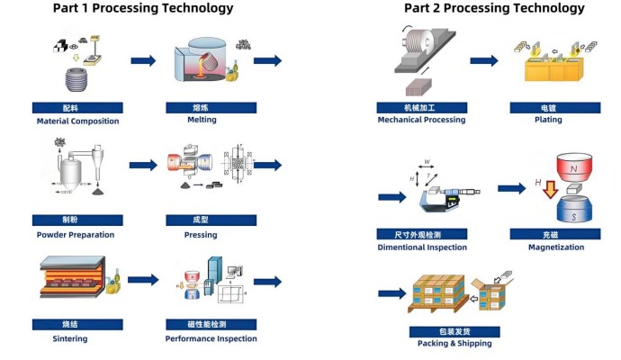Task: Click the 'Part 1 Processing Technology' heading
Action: pyautogui.click(x=143, y=8)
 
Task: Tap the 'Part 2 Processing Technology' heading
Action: pyautogui.click(x=494, y=8)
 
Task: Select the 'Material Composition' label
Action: pyautogui.click(x=77, y=121)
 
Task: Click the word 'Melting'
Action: pyautogui.click(x=202, y=120)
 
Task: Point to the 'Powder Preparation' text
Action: pyautogui.click(x=76, y=235)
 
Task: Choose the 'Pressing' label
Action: pyautogui.click(x=201, y=235)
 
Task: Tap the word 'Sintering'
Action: pyautogui.click(x=70, y=338)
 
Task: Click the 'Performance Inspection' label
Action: pyautogui.click(x=211, y=338)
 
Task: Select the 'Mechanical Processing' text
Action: pyautogui.click(x=421, y=120)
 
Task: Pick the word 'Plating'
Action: pyautogui.click(x=548, y=120)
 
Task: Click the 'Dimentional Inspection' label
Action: pyautogui.click(x=422, y=247)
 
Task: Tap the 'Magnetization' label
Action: pyautogui.click(x=556, y=247)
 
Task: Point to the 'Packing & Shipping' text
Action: pyautogui.click(x=454, y=344)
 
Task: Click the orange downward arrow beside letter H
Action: pyautogui.click(x=551, y=189)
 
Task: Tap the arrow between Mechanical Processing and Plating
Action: pyautogui.click(x=484, y=60)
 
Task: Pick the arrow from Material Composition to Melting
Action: pyautogui.click(x=143, y=60)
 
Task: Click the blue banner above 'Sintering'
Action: pyautogui.click(x=77, y=324)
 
